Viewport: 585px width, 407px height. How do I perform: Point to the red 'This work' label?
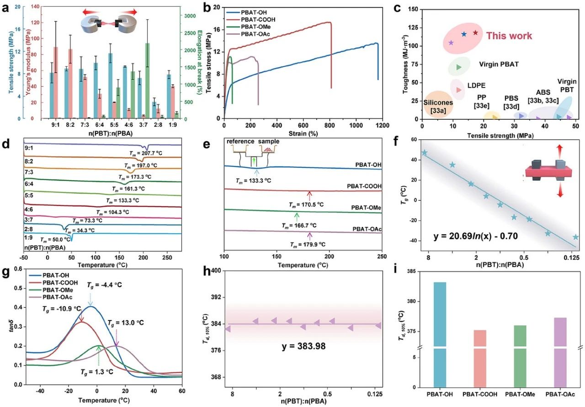pyautogui.click(x=509, y=36)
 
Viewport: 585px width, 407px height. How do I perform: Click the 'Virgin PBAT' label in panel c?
pyautogui.click(x=499, y=64)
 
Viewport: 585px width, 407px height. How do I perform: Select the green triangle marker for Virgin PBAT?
pyautogui.click(x=459, y=67)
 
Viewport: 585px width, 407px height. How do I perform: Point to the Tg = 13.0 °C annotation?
pyautogui.click(x=125, y=323)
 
